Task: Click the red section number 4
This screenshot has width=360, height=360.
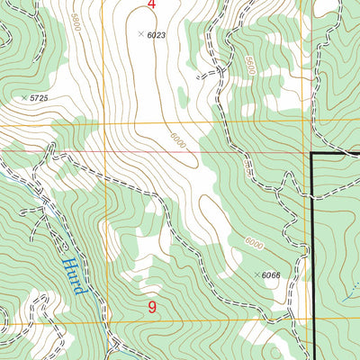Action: [x=151, y=5]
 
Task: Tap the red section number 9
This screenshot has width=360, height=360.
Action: [x=152, y=308]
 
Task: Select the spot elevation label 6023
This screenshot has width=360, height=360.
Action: [x=157, y=34]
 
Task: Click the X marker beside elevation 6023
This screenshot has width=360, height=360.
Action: [x=140, y=34]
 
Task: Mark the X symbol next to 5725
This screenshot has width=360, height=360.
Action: [x=23, y=96]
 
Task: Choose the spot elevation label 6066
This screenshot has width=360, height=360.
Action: [x=274, y=274]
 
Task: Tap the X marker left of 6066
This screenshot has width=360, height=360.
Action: [x=257, y=274]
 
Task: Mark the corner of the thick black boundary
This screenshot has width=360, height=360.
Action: [x=311, y=154]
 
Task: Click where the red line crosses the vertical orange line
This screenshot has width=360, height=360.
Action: [x=106, y=151]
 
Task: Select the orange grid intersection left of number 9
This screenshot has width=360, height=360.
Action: [x=106, y=321]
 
